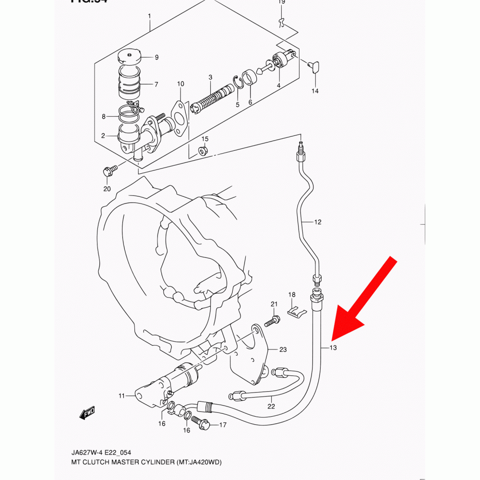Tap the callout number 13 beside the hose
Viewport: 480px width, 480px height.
click(334, 348)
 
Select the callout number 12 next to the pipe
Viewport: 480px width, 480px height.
click(318, 222)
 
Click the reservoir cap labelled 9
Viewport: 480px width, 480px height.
click(128, 58)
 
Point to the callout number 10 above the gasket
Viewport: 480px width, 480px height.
click(180, 84)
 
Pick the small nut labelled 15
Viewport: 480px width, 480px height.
click(203, 151)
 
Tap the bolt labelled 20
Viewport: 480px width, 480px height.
click(108, 170)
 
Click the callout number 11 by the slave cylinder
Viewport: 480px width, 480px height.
click(122, 396)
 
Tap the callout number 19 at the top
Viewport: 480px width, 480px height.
click(282, 2)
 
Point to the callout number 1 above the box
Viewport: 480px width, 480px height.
click(149, 16)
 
